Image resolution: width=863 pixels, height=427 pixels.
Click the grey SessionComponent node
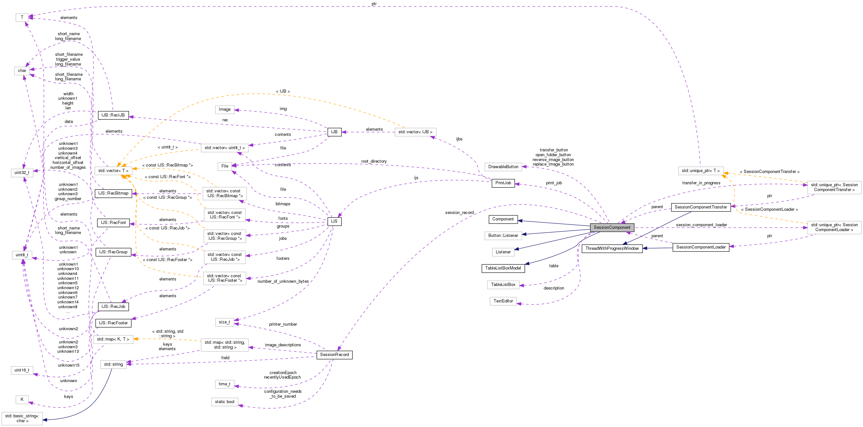click(612, 228)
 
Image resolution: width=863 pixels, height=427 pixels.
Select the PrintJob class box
click(503, 183)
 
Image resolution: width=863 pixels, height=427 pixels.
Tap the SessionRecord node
click(334, 355)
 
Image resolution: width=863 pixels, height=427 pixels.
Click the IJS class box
click(334, 221)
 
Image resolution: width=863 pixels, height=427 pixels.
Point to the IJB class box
click(334, 132)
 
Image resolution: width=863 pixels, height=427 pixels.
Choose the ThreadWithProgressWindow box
click(612, 249)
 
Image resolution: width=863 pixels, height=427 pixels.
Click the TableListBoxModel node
click(503, 268)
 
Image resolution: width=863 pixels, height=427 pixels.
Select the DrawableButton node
click(503, 167)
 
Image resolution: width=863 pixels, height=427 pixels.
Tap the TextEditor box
click(503, 301)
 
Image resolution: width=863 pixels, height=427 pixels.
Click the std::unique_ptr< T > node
click(701, 171)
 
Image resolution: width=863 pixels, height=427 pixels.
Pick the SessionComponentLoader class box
click(701, 247)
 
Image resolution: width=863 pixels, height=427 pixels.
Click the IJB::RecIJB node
click(113, 115)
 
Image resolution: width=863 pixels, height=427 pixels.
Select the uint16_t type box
click(22, 370)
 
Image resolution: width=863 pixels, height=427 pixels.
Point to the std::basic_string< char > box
click(22, 418)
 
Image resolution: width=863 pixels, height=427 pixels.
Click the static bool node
click(224, 402)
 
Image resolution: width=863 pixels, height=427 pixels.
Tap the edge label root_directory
click(374, 161)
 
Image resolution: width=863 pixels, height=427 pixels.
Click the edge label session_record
click(459, 213)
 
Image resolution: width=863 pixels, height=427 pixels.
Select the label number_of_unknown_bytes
click(283, 281)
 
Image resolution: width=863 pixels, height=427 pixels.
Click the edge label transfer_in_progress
click(701, 183)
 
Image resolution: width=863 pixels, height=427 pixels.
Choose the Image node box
click(224, 109)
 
